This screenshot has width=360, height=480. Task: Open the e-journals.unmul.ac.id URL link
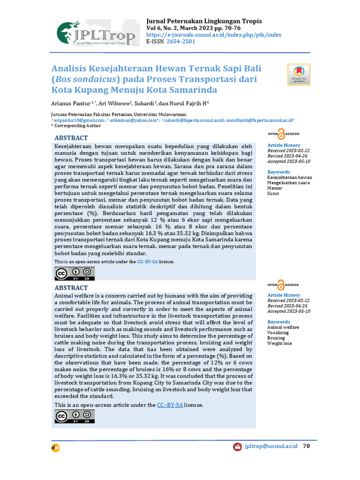tap(214, 35)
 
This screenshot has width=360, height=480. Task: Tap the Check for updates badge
tap(299, 74)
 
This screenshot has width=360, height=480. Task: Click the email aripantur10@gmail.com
tap(79, 120)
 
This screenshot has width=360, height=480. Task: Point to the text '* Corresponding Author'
tap(76, 126)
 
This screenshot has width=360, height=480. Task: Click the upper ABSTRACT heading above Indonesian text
tap(71, 138)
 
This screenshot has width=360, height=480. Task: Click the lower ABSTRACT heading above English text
tap(71, 287)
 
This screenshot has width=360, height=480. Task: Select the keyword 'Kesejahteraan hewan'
tap(289, 178)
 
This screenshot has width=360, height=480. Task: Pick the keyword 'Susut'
tap(273, 193)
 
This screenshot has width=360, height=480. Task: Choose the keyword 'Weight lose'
tap(279, 343)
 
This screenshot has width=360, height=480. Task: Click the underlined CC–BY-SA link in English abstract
tap(170, 405)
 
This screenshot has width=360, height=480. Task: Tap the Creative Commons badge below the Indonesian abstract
tap(75, 273)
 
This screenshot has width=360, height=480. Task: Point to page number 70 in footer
tap(307, 446)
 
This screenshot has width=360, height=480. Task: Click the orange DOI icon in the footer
tap(56, 448)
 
